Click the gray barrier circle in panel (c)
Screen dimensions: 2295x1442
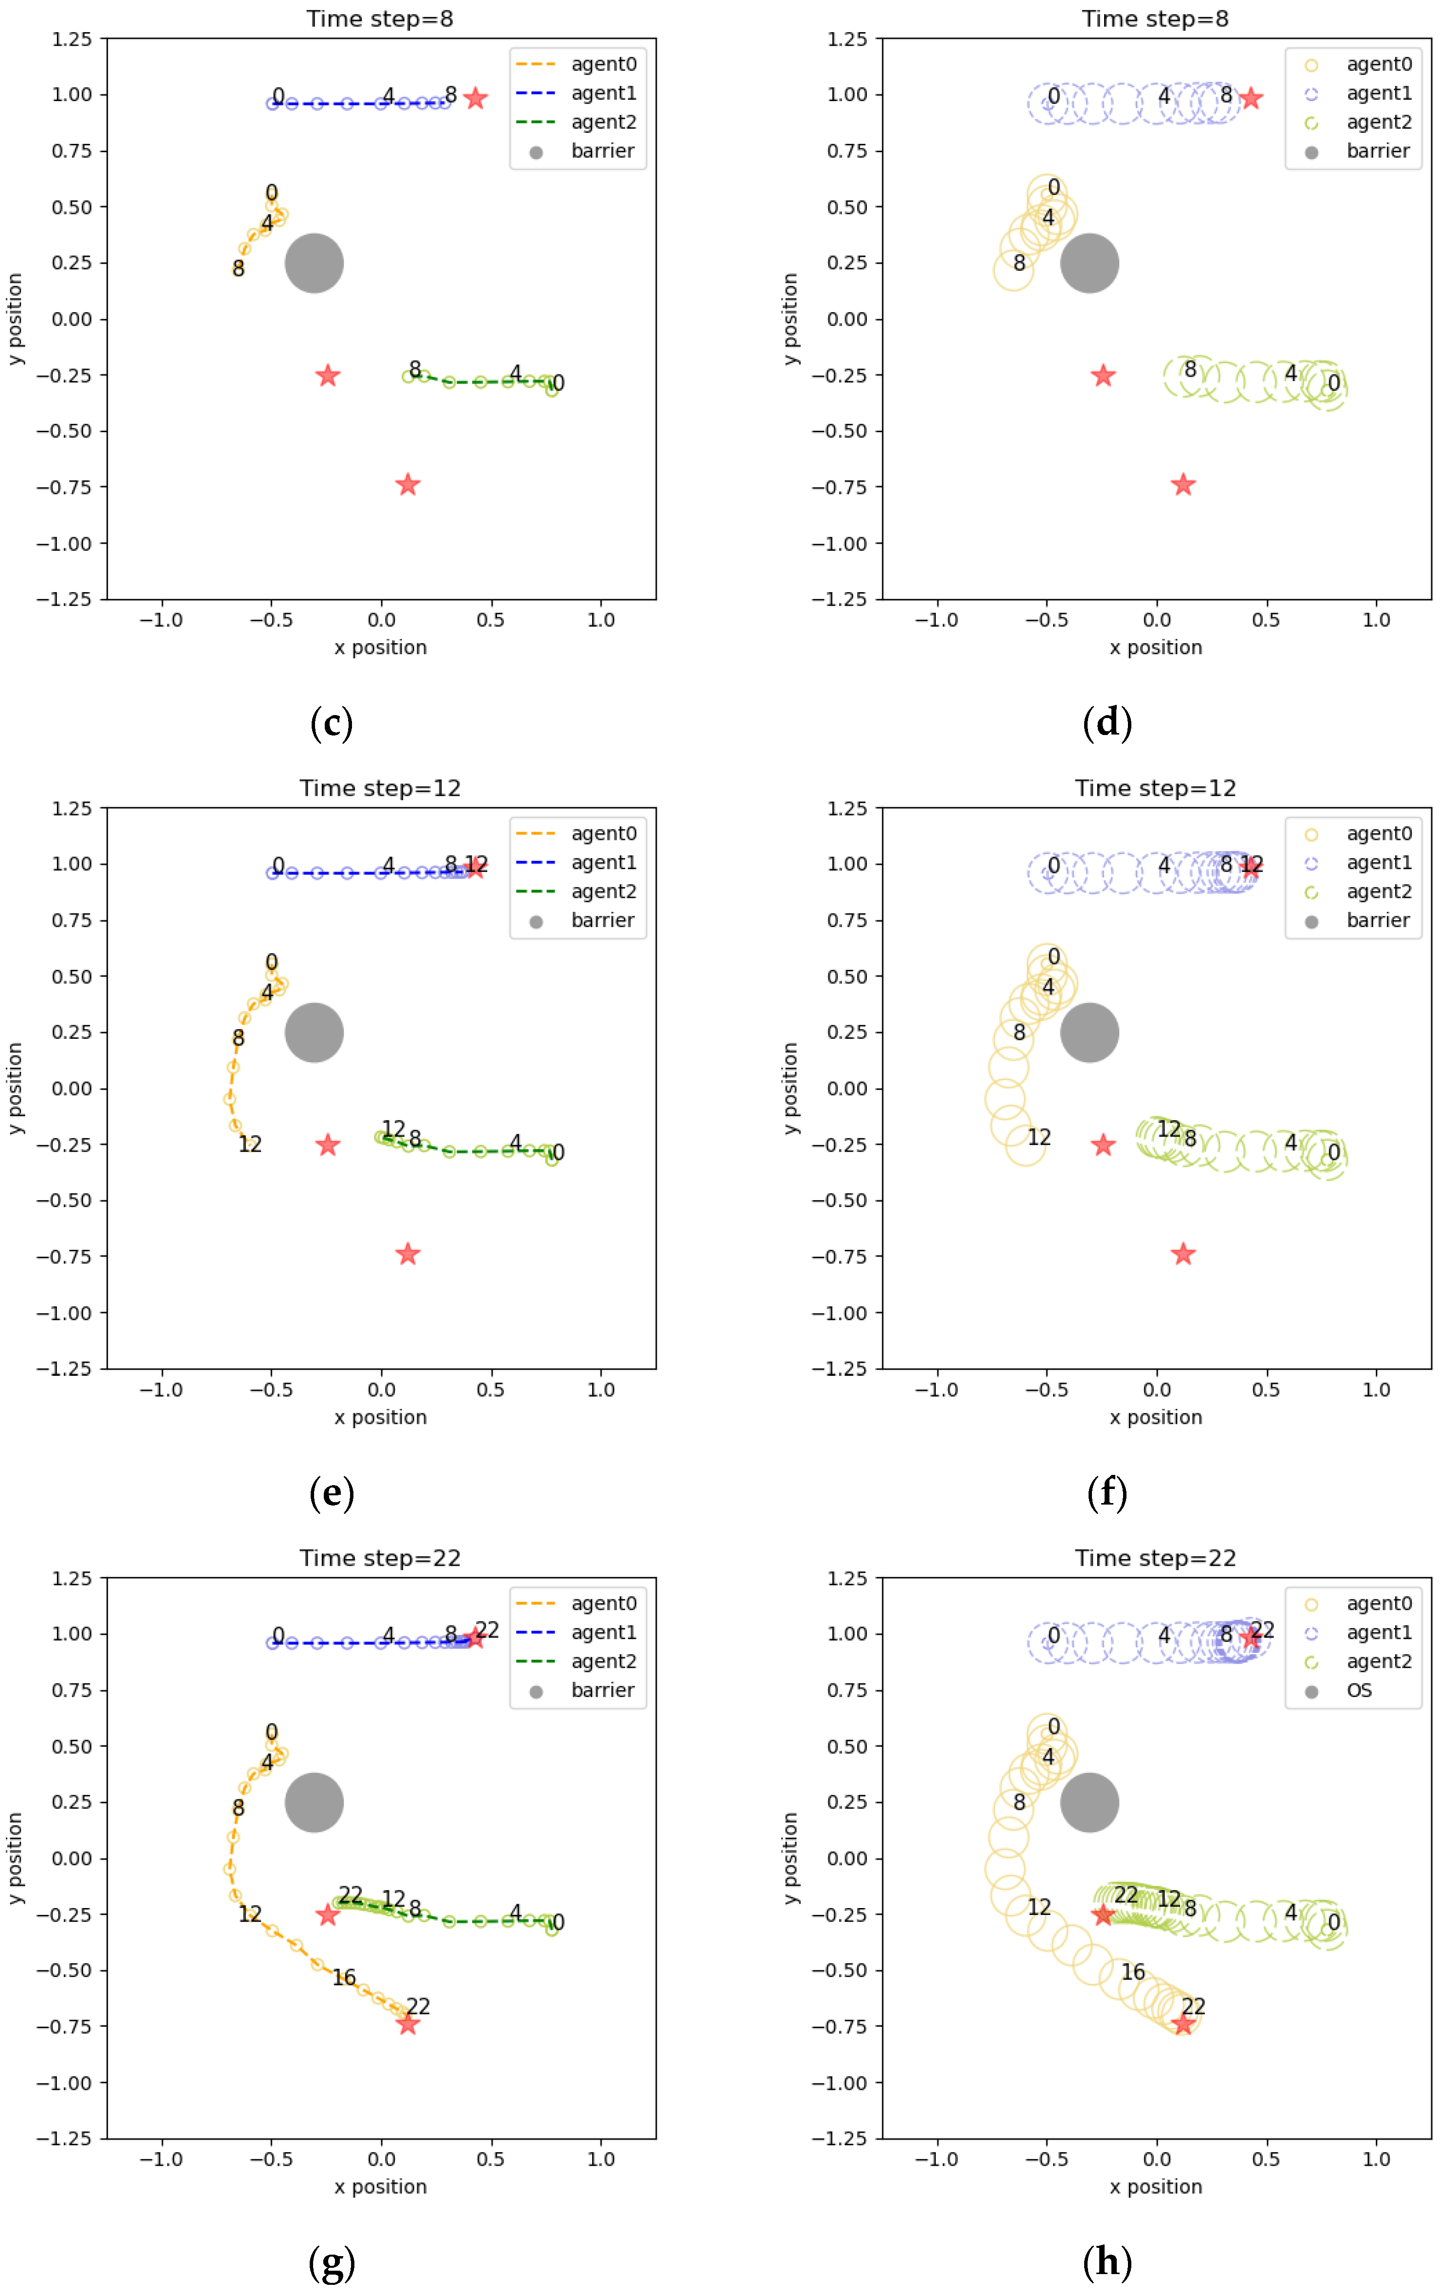coord(314,263)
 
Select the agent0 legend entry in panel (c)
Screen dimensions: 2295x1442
coord(602,64)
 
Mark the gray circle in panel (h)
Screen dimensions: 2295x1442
coord(1090,1802)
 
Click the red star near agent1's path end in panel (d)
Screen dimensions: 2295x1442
coord(1250,98)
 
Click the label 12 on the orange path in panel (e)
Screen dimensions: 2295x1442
coord(250,1144)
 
